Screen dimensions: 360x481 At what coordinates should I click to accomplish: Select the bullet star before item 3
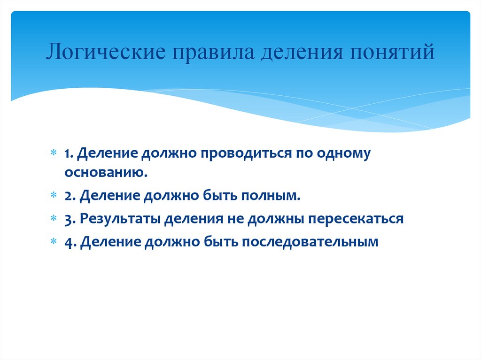[x=54, y=219]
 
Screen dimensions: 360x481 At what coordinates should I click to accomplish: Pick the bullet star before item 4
[x=54, y=242]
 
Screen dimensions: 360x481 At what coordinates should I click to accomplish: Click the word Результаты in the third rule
[x=120, y=219]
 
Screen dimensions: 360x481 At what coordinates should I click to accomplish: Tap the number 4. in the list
[x=70, y=242]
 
